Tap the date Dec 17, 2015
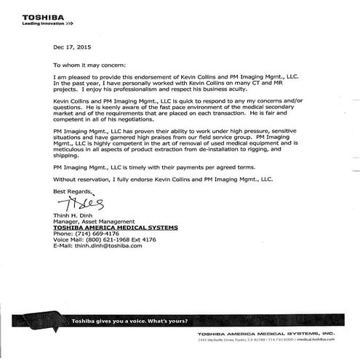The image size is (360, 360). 71,47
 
